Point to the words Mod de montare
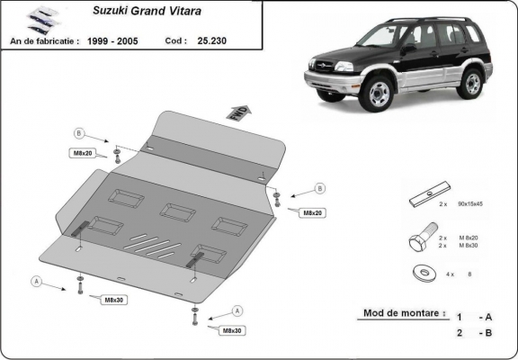(x=403, y=314)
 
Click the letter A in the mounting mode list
(x=488, y=317)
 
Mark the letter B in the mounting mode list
(x=488, y=333)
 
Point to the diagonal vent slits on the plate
(x=147, y=241)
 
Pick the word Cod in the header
(x=176, y=40)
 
